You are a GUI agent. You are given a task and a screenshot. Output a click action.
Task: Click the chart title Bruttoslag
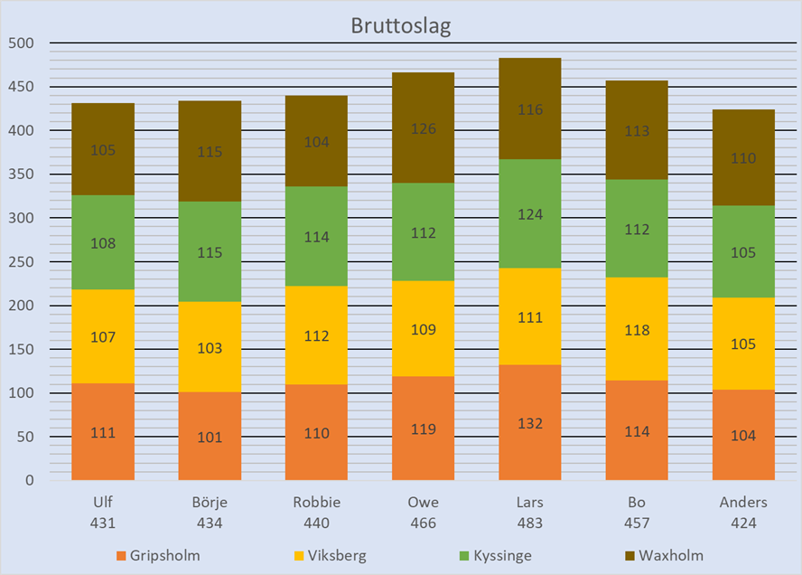(x=400, y=25)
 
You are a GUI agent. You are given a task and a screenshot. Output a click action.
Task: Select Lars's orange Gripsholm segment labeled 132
(x=530, y=422)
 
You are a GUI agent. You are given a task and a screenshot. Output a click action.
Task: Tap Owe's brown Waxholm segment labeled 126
(x=423, y=128)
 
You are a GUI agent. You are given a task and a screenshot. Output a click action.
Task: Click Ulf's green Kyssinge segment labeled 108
(x=103, y=242)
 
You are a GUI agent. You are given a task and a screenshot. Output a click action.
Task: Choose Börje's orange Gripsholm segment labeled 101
(x=210, y=436)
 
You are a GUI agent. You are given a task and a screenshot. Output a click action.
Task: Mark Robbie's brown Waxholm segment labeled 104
(x=316, y=142)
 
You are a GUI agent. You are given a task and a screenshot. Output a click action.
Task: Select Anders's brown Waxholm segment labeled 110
(x=743, y=158)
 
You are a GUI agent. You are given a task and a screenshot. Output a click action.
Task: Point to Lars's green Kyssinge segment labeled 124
(x=530, y=215)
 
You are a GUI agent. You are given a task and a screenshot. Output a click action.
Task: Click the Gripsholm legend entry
(x=157, y=555)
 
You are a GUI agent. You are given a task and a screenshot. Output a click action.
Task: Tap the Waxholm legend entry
(x=664, y=555)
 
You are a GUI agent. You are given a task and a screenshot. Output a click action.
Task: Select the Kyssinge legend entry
(x=494, y=555)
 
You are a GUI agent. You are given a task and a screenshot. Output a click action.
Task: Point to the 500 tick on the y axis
(x=20, y=43)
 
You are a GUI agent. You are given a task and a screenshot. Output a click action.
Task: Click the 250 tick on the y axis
(x=20, y=262)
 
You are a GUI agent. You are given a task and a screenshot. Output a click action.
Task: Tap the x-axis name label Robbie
(x=316, y=503)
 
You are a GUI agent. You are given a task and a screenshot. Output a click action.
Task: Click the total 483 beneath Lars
(x=530, y=523)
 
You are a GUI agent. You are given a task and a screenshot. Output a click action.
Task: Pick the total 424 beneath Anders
(x=743, y=523)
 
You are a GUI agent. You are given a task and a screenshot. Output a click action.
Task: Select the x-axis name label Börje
(x=210, y=503)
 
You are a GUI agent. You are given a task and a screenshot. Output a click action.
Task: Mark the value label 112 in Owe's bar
(x=423, y=233)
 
